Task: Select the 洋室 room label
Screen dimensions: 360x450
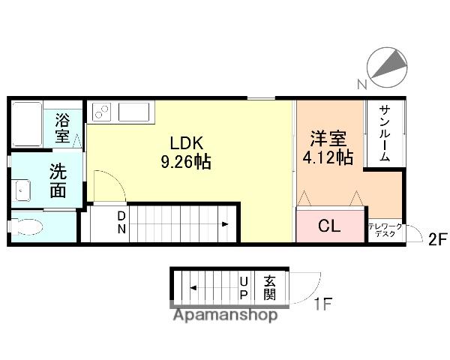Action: click(x=328, y=139)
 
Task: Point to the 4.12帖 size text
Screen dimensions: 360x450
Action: click(x=328, y=157)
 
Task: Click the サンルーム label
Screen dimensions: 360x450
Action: click(x=383, y=133)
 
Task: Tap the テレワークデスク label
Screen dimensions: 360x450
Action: click(x=385, y=229)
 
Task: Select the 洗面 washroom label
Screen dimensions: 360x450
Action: click(x=58, y=180)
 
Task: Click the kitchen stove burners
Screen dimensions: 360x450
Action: click(x=101, y=112)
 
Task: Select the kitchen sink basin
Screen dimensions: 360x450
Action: click(x=134, y=112)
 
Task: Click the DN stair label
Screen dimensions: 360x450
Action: click(x=120, y=223)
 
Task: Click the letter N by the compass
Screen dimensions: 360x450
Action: click(x=362, y=83)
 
